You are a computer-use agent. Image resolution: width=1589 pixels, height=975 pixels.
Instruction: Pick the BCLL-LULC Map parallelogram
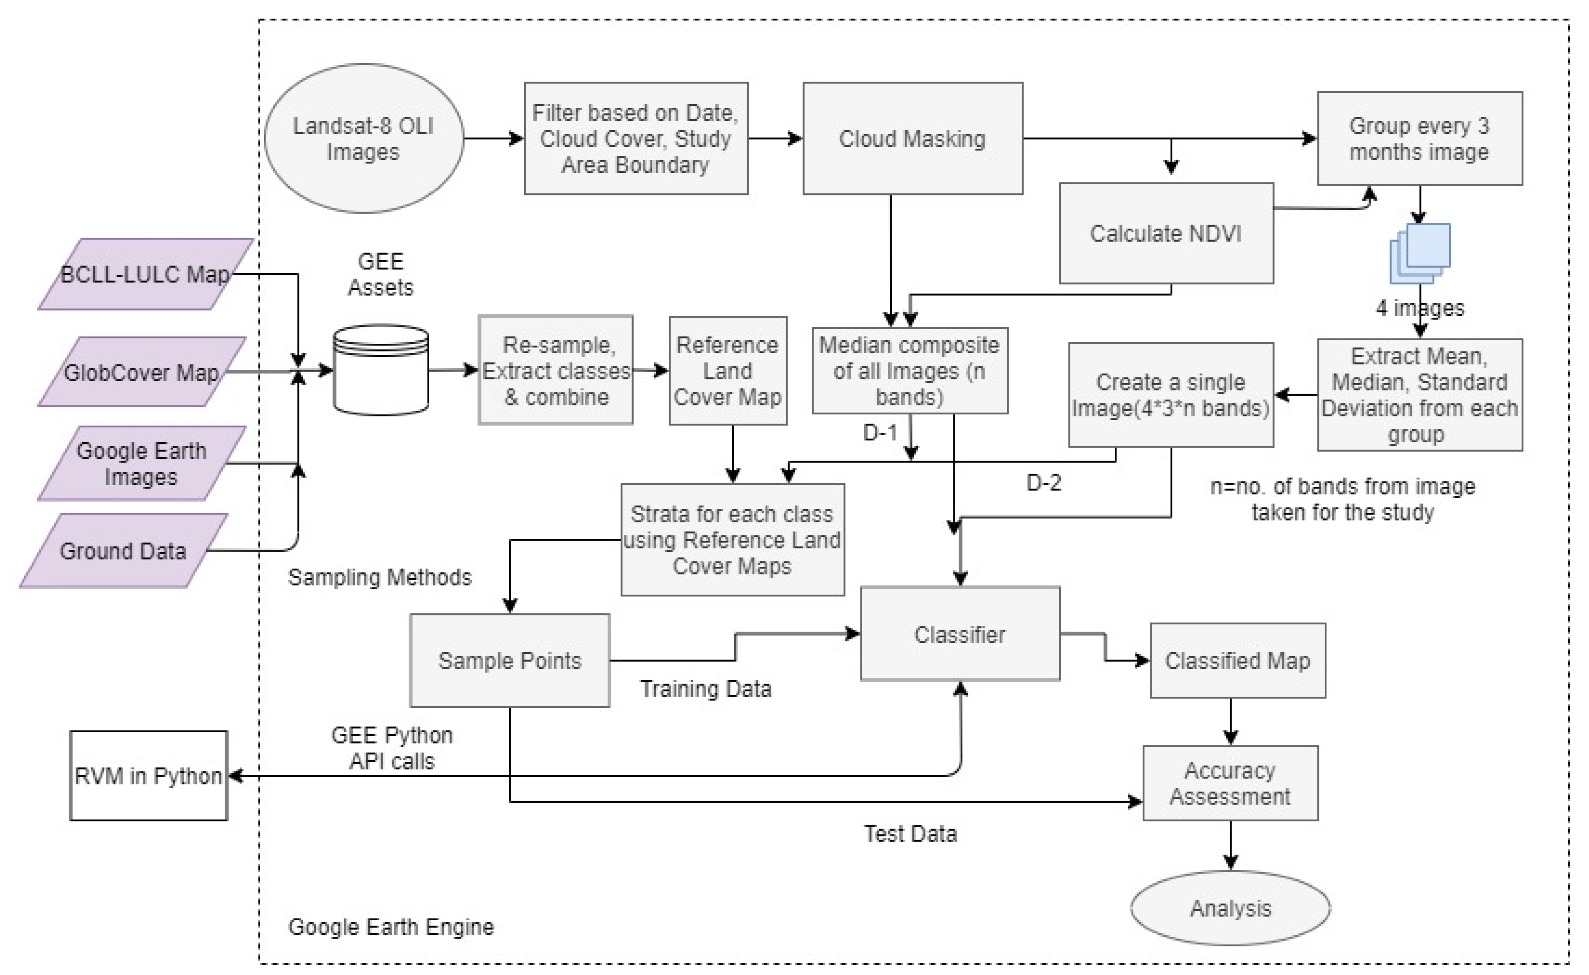[x=145, y=274]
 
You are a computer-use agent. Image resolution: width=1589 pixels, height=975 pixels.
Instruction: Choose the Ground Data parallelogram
[x=123, y=551]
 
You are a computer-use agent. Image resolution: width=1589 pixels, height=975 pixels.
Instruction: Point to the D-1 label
[x=880, y=432]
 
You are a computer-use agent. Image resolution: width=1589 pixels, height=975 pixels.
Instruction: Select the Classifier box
[x=959, y=634]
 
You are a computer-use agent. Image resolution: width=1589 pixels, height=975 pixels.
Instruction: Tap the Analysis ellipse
[x=1230, y=908]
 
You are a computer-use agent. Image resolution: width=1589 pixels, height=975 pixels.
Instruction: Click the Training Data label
[x=705, y=689]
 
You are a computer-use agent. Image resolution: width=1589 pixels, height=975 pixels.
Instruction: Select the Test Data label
[x=910, y=834]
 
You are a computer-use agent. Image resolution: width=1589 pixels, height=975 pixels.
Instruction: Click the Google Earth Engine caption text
[x=391, y=927]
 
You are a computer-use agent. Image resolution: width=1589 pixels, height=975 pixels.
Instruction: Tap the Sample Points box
[x=510, y=660]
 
